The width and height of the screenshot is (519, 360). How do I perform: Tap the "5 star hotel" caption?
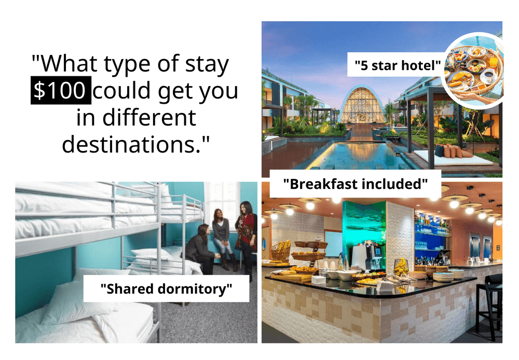(398, 66)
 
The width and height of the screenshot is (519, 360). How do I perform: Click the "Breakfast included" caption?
(356, 184)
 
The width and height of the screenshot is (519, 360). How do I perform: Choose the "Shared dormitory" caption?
(166, 289)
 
